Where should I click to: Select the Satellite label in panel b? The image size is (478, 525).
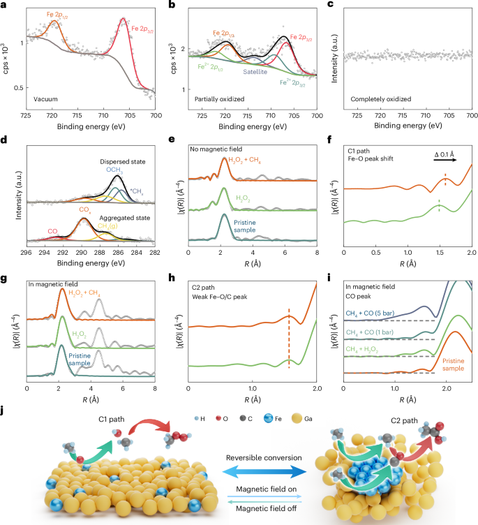[x=256, y=71]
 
